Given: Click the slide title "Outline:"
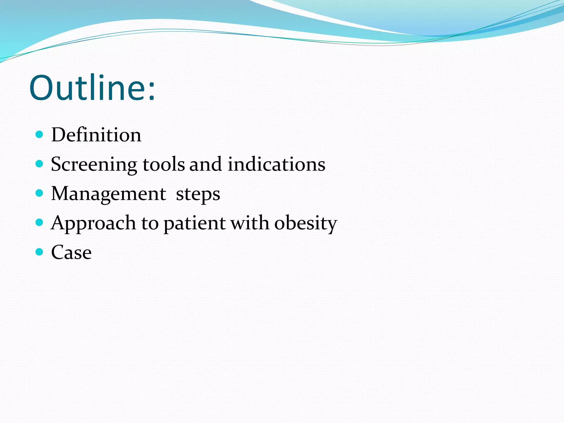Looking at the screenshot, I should [92, 88].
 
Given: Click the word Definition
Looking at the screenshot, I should [96, 135].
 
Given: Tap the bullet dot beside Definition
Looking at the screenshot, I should [40, 134].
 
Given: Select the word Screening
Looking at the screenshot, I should [94, 165].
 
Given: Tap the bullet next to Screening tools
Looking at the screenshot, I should [40, 164].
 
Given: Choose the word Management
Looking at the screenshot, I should [109, 194].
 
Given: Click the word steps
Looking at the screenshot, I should [198, 194].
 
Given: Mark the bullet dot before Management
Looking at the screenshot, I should [40, 193].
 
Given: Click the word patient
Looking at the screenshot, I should [195, 223].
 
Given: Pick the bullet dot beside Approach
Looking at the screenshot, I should [40, 222].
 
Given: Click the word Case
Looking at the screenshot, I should [71, 252].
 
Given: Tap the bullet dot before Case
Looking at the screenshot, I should [40, 252].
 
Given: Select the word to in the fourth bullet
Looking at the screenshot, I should [150, 223].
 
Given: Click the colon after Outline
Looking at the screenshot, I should [151, 91].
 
